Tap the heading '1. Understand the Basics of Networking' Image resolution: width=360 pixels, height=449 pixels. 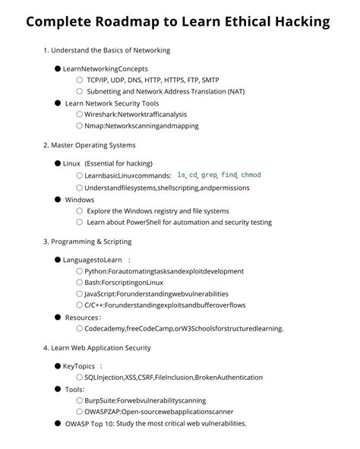[106, 50]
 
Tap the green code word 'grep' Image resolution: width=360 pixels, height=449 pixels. [209, 175]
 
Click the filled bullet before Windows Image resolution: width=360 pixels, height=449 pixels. [58, 200]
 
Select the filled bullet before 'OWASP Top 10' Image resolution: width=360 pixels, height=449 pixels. [58, 423]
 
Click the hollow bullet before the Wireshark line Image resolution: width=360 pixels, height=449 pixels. [79, 114]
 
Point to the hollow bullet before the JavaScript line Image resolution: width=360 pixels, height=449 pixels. [79, 293]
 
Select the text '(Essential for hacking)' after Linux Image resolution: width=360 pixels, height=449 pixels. [118, 163]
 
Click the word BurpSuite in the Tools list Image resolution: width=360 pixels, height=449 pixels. [101, 400]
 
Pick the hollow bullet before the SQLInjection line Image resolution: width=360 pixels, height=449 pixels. [79, 377]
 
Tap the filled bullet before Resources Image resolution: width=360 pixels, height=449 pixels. [58, 318]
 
